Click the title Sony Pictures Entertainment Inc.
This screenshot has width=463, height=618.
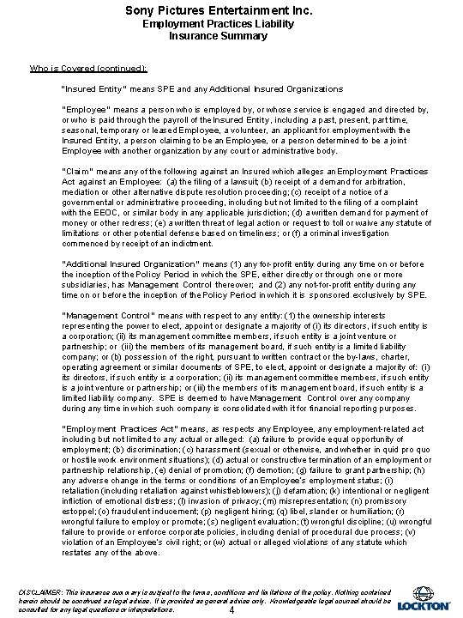click(x=231, y=10)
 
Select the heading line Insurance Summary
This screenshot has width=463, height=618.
click(x=231, y=38)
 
